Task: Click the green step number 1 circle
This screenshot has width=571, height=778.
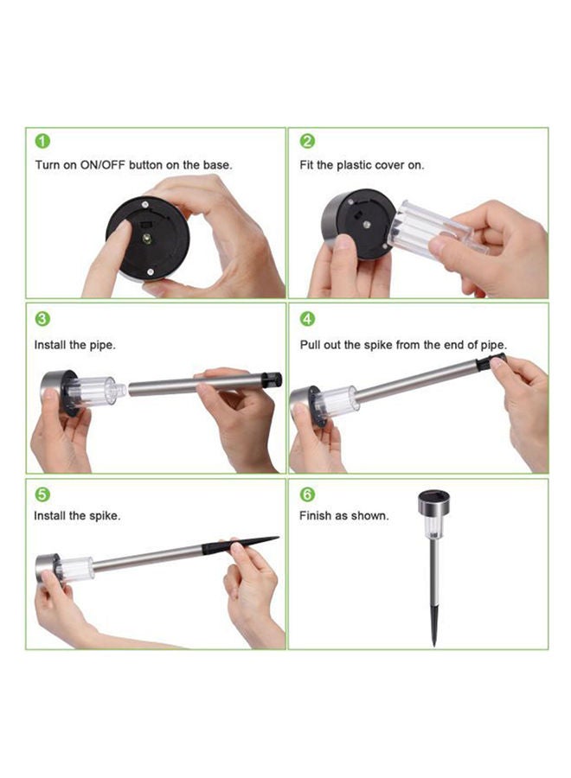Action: [42, 141]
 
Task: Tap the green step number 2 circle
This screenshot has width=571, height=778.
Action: [307, 141]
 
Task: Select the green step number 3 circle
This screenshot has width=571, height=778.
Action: [42, 319]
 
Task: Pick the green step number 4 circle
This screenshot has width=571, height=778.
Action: [307, 319]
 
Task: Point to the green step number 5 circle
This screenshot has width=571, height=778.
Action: [42, 494]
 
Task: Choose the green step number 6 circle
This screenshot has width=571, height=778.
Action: [307, 494]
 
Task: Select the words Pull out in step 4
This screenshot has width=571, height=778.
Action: [321, 344]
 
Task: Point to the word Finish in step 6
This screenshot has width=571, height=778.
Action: [317, 516]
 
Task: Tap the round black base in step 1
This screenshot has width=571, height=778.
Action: [147, 238]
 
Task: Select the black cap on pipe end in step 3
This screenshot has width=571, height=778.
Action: [273, 379]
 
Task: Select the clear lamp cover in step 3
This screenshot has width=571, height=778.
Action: [93, 391]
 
